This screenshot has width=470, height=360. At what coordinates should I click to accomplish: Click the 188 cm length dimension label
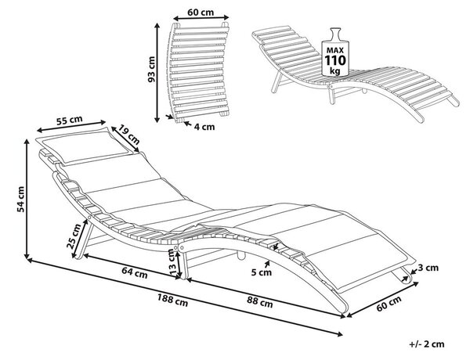click(172, 300)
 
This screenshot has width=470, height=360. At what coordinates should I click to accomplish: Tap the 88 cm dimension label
click(260, 302)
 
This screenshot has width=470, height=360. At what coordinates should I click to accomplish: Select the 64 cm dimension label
click(135, 272)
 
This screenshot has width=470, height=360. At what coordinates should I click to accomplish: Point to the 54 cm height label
click(20, 199)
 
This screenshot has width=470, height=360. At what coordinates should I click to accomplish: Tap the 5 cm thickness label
click(262, 272)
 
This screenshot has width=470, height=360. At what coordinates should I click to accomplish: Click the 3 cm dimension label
click(428, 268)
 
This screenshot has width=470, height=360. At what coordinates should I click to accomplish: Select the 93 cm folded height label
click(152, 69)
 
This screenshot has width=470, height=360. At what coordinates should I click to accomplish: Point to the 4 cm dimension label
click(204, 127)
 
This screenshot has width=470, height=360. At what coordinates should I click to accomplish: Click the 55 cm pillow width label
click(70, 120)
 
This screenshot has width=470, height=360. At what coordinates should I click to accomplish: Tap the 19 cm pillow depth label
click(128, 134)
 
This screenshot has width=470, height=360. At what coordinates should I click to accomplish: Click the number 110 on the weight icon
click(335, 60)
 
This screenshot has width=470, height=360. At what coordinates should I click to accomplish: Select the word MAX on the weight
click(335, 50)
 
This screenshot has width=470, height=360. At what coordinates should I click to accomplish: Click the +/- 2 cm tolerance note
click(427, 344)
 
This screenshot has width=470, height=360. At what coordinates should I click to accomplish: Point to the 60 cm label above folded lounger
click(201, 13)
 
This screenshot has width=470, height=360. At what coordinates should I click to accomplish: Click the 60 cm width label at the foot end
click(389, 304)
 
